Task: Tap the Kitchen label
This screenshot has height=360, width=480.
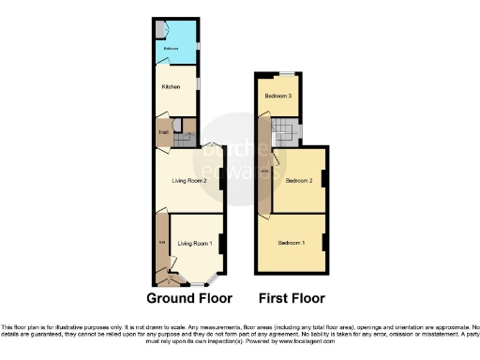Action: pyautogui.click(x=171, y=87)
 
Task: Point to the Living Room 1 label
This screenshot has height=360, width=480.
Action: pyautogui.click(x=196, y=244)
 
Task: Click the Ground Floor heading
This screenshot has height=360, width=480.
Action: pyautogui.click(x=189, y=298)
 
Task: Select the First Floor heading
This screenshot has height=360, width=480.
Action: pyautogui.click(x=292, y=298)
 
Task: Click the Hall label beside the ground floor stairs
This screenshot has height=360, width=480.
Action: pyautogui.click(x=162, y=134)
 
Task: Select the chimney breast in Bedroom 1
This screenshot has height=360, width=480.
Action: pyautogui.click(x=325, y=244)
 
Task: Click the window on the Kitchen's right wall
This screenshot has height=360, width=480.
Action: pyautogui.click(x=198, y=85)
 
